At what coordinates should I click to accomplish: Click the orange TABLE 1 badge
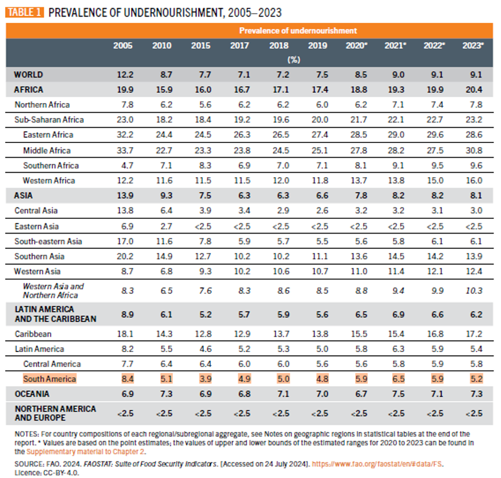click(x=24, y=12)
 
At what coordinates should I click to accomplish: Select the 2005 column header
click(x=123, y=46)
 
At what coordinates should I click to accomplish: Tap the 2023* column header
click(x=473, y=46)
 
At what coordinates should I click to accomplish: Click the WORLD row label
click(x=28, y=75)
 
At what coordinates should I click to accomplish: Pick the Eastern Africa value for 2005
click(x=123, y=135)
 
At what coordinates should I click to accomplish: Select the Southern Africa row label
click(x=51, y=166)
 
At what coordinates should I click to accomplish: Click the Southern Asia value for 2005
click(x=123, y=256)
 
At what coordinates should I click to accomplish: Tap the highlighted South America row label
click(x=50, y=379)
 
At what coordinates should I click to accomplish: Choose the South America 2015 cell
click(x=200, y=379)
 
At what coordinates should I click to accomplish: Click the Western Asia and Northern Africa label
click(x=53, y=291)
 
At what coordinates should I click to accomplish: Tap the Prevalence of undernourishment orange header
click(x=298, y=31)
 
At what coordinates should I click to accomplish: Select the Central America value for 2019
click(x=317, y=363)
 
